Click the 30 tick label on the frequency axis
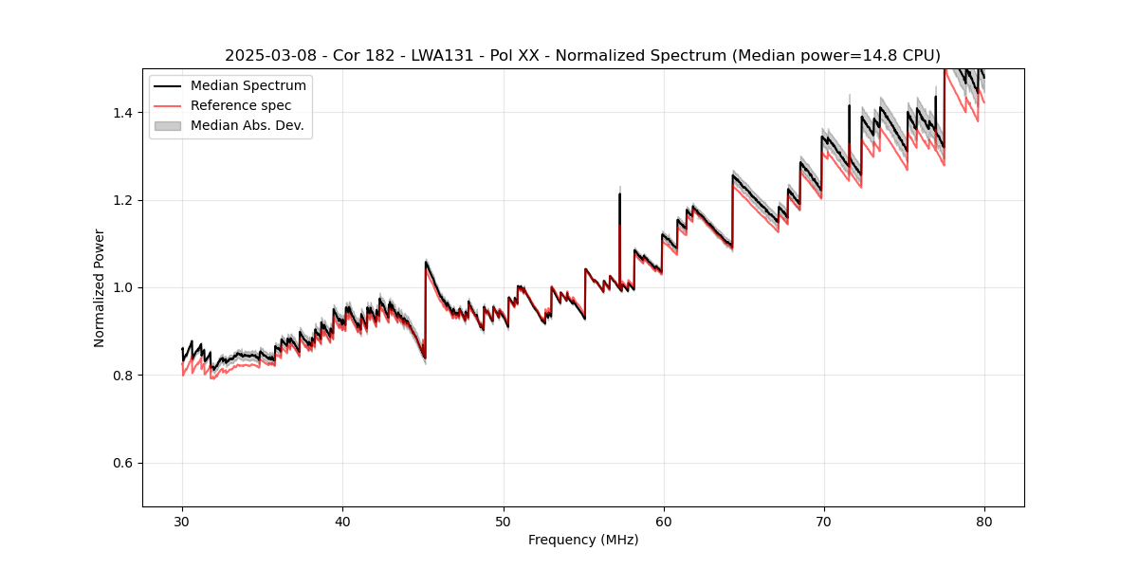click(182, 522)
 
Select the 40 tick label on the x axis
click(342, 522)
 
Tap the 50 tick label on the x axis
click(504, 522)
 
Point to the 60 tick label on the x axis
click(664, 522)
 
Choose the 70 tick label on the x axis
click(824, 522)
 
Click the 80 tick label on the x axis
click(984, 522)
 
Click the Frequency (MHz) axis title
click(583, 540)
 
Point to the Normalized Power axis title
click(100, 287)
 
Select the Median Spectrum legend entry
click(248, 86)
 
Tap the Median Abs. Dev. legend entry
click(247, 125)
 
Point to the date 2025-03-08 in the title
click(270, 56)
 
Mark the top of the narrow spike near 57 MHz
click(619, 194)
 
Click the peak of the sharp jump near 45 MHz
click(426, 262)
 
